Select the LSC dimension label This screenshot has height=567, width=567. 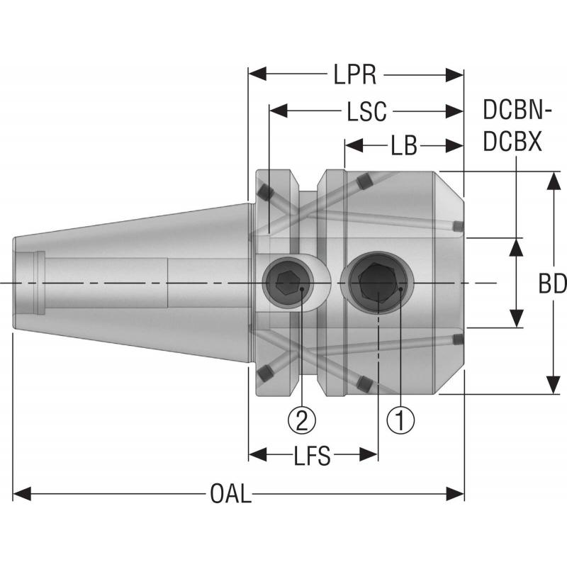click(366, 111)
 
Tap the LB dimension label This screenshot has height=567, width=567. click(403, 147)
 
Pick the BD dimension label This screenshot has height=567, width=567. click(552, 284)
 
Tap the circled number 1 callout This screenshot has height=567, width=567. click(400, 421)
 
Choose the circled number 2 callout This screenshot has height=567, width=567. click(301, 421)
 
